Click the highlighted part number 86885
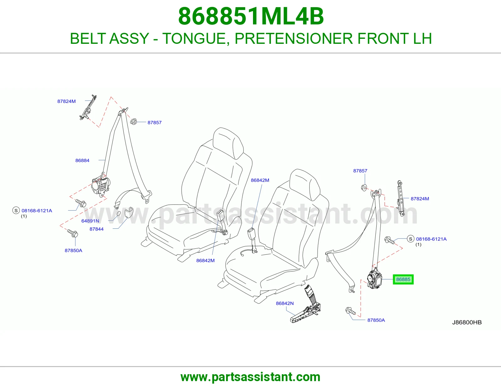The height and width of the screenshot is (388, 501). coord(403,279)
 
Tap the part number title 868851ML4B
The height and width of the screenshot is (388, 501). coord(251,16)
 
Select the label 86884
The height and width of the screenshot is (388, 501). coord(82,160)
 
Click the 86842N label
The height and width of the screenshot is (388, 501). coord(285,304)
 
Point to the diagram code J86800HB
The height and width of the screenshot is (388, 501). coord(467,322)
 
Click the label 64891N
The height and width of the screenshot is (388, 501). coord(90,221)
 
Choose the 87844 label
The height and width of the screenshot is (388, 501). coord(97,229)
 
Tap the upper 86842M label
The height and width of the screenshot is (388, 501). coord(260,180)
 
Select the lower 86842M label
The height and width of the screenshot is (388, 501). coord(205,261)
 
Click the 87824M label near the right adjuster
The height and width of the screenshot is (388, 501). coord(420,199)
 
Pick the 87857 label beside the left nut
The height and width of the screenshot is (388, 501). coord(154,123)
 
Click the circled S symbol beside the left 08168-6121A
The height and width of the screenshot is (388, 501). coord(16,210)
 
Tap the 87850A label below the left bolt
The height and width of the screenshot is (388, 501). coord(73,250)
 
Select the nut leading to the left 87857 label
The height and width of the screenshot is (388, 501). coord(133,121)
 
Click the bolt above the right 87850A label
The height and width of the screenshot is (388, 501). coord(351,311)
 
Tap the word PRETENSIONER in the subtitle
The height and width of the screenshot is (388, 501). coord(294,38)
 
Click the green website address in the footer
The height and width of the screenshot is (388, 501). coord(250,377)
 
